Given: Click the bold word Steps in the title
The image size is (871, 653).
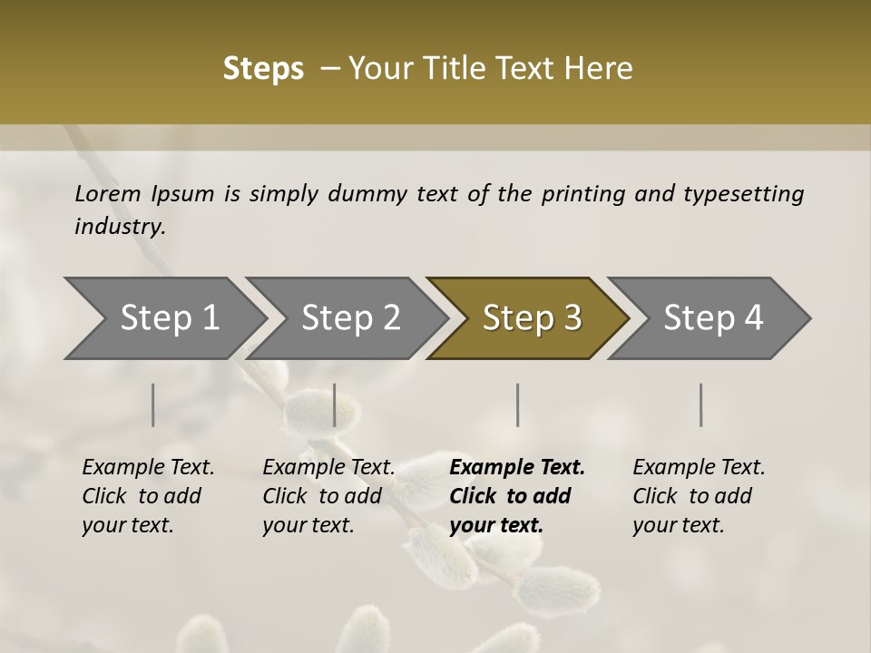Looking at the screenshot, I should click(x=263, y=69).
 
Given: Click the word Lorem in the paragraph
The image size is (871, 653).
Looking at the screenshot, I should click(x=108, y=193).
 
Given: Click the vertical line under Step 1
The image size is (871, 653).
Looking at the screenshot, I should click(x=153, y=404).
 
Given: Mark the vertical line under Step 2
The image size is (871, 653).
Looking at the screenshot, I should click(x=335, y=404).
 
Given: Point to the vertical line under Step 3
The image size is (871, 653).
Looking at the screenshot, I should click(x=517, y=404).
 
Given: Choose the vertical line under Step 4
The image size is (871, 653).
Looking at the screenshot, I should click(x=700, y=404).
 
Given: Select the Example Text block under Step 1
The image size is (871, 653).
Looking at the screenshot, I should click(x=148, y=496).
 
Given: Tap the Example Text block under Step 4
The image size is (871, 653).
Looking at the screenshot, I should click(x=699, y=496).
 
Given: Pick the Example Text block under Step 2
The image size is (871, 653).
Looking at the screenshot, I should click(x=328, y=496).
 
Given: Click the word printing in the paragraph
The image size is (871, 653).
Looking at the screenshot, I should click(x=583, y=194).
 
